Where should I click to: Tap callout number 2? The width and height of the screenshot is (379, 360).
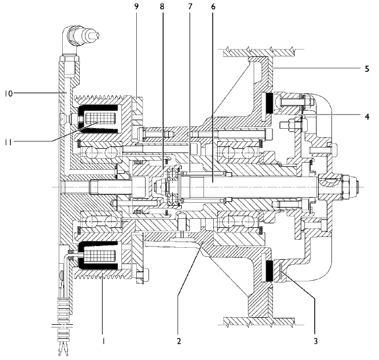coord(178,341)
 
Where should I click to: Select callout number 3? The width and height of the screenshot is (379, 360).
coord(315,341)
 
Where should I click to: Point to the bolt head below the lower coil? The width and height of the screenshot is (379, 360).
coord(140,278)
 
